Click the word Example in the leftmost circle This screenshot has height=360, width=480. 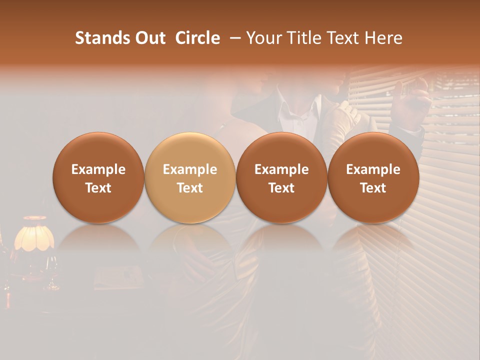(98, 169)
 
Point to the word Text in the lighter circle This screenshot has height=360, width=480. (189, 188)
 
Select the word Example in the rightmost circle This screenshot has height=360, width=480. (373, 169)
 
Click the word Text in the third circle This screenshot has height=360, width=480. (281, 188)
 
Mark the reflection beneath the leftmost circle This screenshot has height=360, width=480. (98, 240)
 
